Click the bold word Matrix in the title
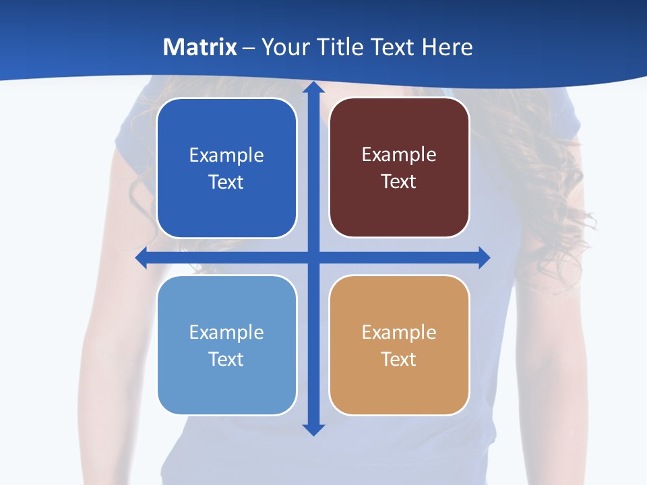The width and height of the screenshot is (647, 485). [199, 47]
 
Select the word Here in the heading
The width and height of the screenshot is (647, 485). [448, 47]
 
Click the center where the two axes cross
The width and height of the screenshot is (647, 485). [313, 258]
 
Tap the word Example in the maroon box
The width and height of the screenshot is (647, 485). [399, 155]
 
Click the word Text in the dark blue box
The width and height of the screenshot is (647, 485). [226, 183]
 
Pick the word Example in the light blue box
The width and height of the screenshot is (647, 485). [226, 333]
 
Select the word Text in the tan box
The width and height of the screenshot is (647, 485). [398, 360]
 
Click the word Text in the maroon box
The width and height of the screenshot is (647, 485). [398, 182]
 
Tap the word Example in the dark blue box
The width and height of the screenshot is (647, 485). [226, 156]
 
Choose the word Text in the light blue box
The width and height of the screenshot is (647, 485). [226, 360]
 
